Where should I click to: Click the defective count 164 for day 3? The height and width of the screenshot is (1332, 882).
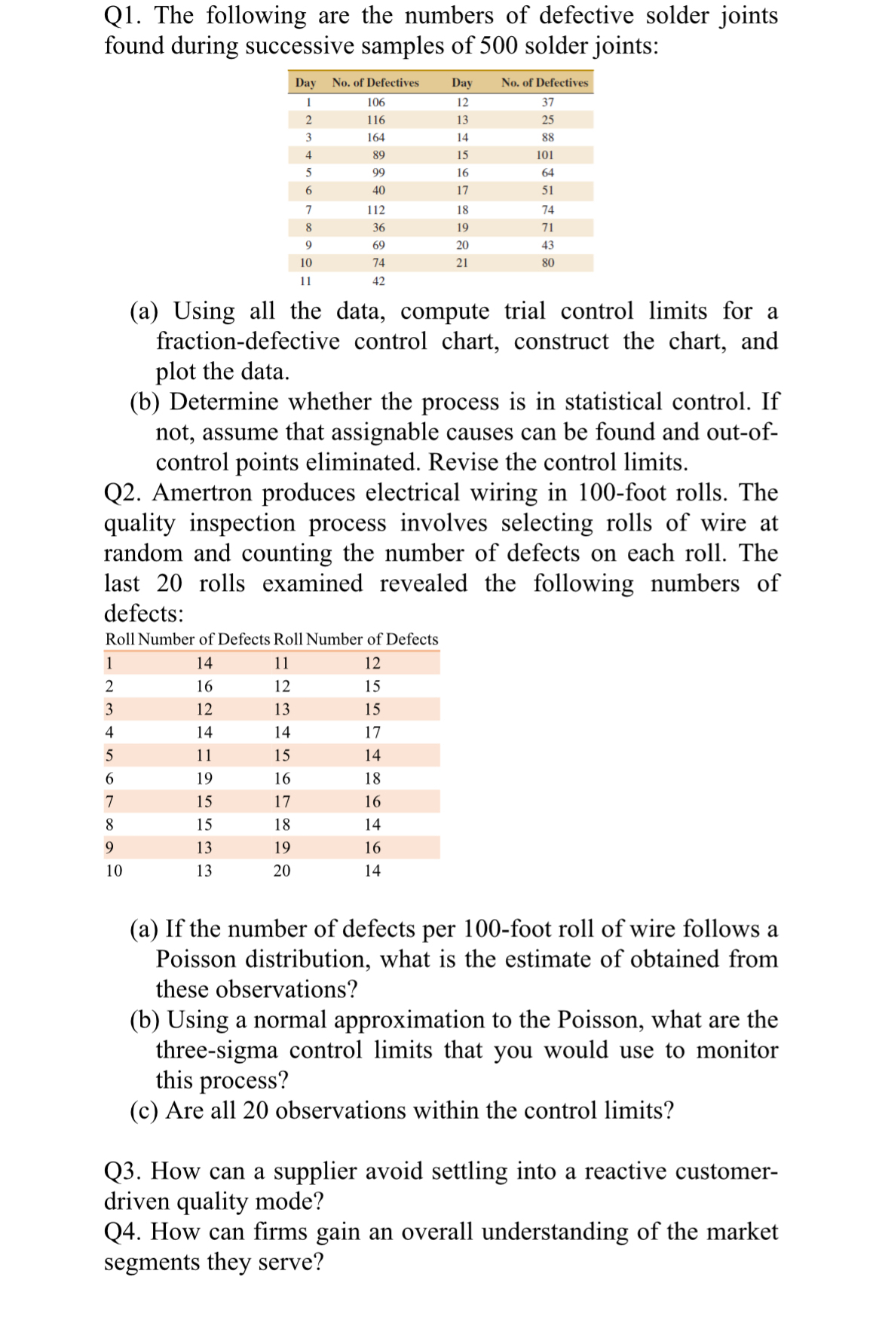coord(375,137)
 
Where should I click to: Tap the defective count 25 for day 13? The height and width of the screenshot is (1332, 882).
coord(548,120)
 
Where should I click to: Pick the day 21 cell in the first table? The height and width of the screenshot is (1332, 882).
coord(462,263)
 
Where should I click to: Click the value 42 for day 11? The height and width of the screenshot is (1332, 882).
coord(378,281)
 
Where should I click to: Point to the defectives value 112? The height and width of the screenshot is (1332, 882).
coord(375,210)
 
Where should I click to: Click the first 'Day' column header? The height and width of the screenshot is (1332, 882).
coord(305,83)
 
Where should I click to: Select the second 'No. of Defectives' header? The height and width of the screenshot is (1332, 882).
coord(544,83)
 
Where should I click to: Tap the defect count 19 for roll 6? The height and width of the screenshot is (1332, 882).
coord(204,779)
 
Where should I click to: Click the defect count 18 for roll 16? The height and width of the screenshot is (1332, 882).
coord(372,779)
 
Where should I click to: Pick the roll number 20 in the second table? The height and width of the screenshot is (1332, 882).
coord(281,871)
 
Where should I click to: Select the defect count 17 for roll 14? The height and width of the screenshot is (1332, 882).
coord(372,733)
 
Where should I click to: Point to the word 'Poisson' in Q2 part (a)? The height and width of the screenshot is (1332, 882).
coord(196,960)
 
